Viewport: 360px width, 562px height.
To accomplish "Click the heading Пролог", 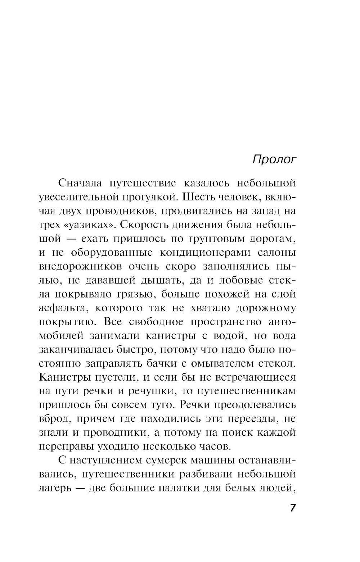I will [x=274, y=159].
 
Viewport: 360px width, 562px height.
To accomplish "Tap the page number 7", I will [x=293, y=508].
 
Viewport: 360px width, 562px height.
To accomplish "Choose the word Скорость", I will [x=140, y=225].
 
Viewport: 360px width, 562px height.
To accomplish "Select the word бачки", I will [x=162, y=363].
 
